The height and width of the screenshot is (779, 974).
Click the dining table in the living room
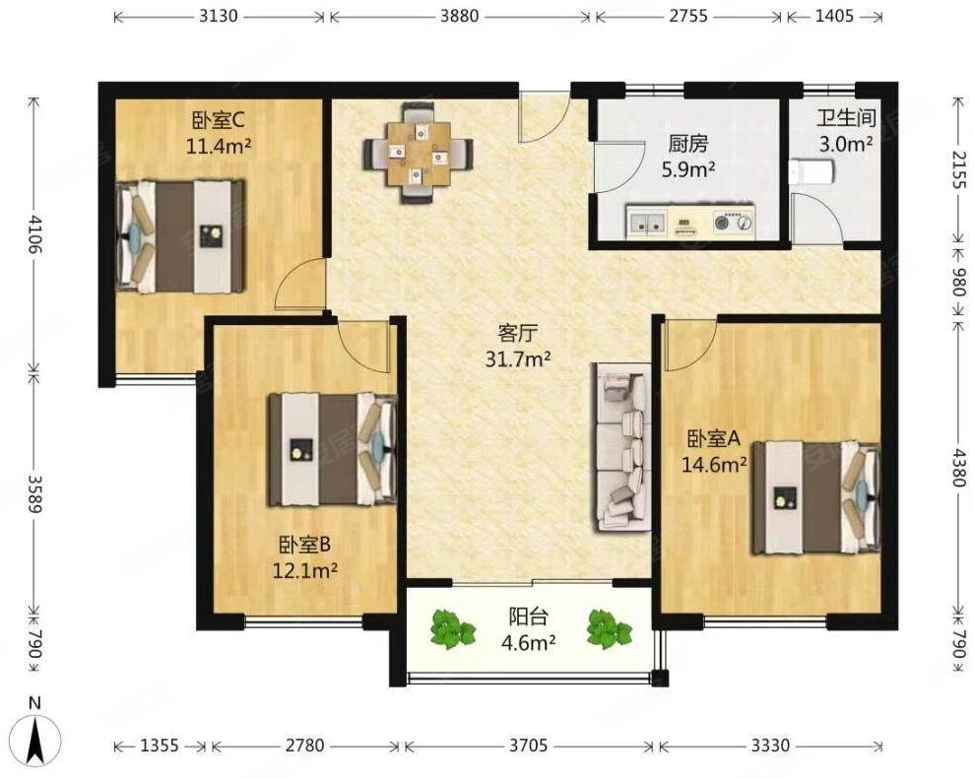419,154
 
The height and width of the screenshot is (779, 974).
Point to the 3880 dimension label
460,15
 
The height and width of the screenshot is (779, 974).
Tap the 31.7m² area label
518,358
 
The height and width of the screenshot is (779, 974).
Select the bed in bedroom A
816,497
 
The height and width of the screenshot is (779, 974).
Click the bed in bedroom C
180,236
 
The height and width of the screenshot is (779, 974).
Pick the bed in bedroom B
333,449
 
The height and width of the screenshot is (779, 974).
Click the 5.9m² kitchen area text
687,169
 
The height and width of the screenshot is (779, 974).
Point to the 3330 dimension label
770,745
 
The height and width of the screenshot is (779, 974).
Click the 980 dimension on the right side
959,282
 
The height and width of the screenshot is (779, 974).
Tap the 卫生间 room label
845,118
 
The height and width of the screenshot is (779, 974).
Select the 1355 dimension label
160,745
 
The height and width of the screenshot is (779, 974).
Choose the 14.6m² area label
714,464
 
